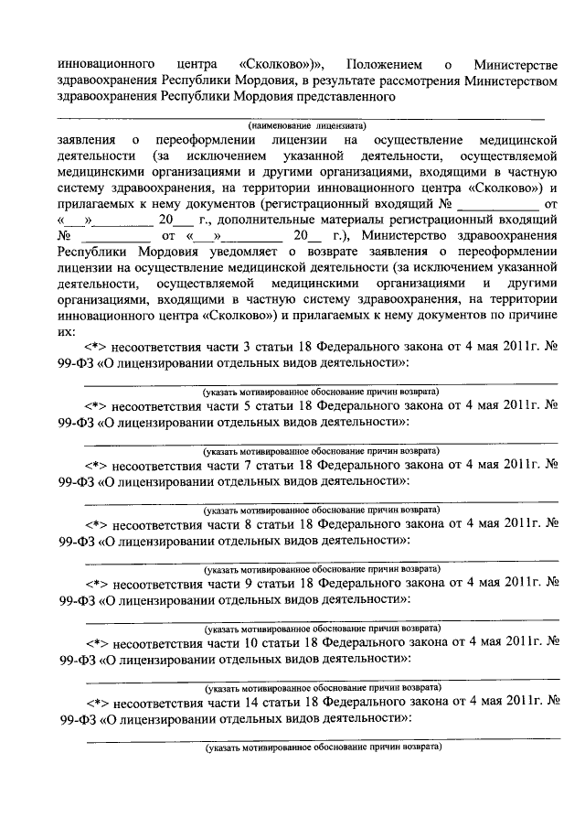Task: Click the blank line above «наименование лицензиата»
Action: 302,116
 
